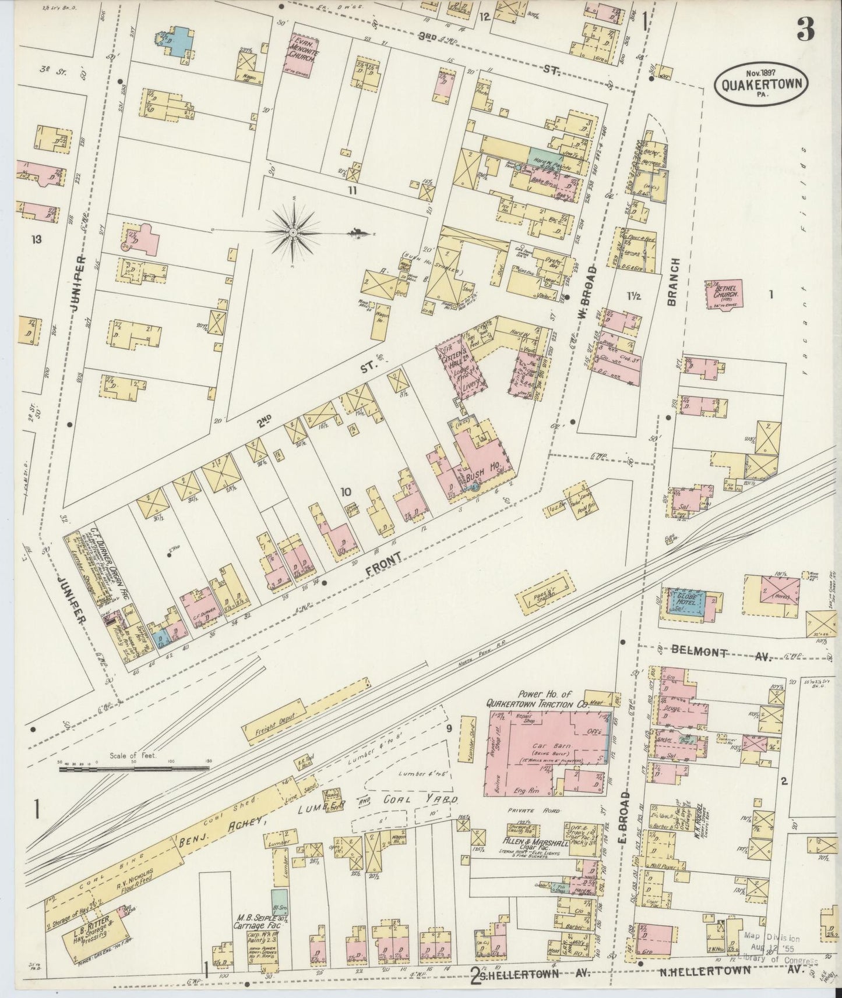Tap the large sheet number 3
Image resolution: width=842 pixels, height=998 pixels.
(x=806, y=27)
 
